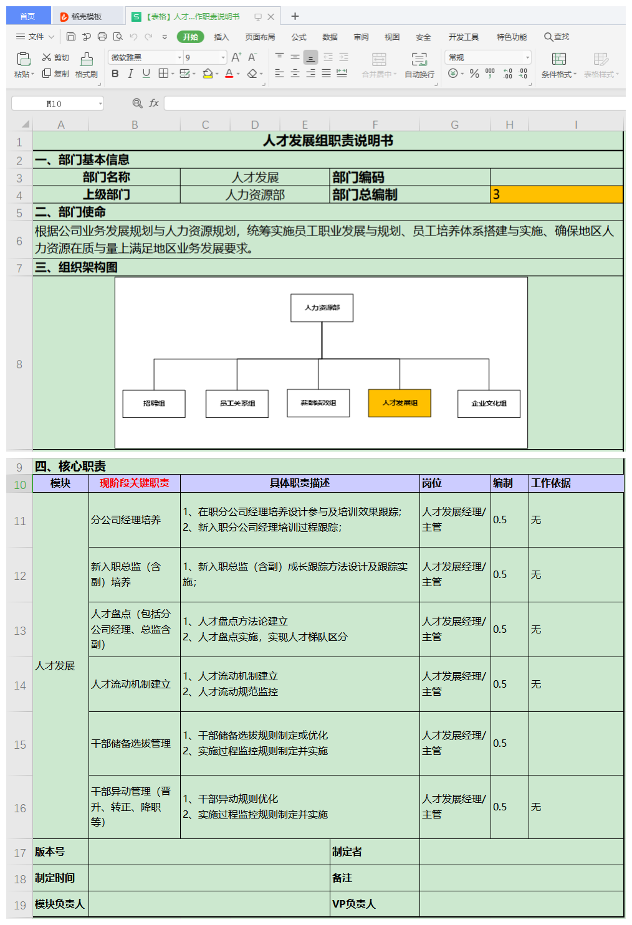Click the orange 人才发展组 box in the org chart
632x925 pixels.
tap(399, 403)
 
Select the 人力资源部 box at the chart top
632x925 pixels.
tap(322, 308)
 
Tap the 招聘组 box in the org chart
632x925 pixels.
tap(154, 404)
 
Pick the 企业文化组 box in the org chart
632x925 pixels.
tap(489, 404)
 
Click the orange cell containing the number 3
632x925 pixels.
tap(556, 194)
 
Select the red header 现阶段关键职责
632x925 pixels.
tap(134, 483)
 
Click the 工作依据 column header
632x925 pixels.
tap(551, 483)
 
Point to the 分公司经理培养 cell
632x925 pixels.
tap(126, 519)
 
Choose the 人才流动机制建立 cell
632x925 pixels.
tap(131, 684)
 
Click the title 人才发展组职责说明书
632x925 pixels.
tap(328, 141)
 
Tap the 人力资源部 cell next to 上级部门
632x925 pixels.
tap(255, 195)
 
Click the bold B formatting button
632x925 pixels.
tap(115, 74)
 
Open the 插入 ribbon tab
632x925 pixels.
tap(221, 37)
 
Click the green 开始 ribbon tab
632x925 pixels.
tap(190, 37)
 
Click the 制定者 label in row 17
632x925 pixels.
tap(347, 851)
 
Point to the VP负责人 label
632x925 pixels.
tap(353, 904)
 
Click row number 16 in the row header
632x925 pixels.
tap(20, 808)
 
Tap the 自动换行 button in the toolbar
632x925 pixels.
tap(419, 64)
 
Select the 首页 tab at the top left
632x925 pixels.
tap(27, 16)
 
